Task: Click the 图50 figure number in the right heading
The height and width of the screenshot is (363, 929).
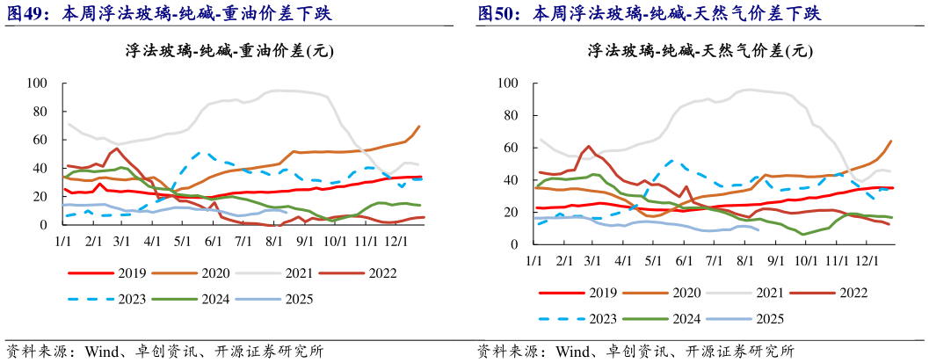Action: [x=499, y=14]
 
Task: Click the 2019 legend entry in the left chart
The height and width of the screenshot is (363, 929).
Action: [x=127, y=272]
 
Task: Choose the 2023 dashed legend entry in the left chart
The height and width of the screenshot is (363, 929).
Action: [x=127, y=299]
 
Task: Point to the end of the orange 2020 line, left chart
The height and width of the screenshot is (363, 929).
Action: [x=418, y=127]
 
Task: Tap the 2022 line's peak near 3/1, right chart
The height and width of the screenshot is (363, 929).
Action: [x=588, y=147]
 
